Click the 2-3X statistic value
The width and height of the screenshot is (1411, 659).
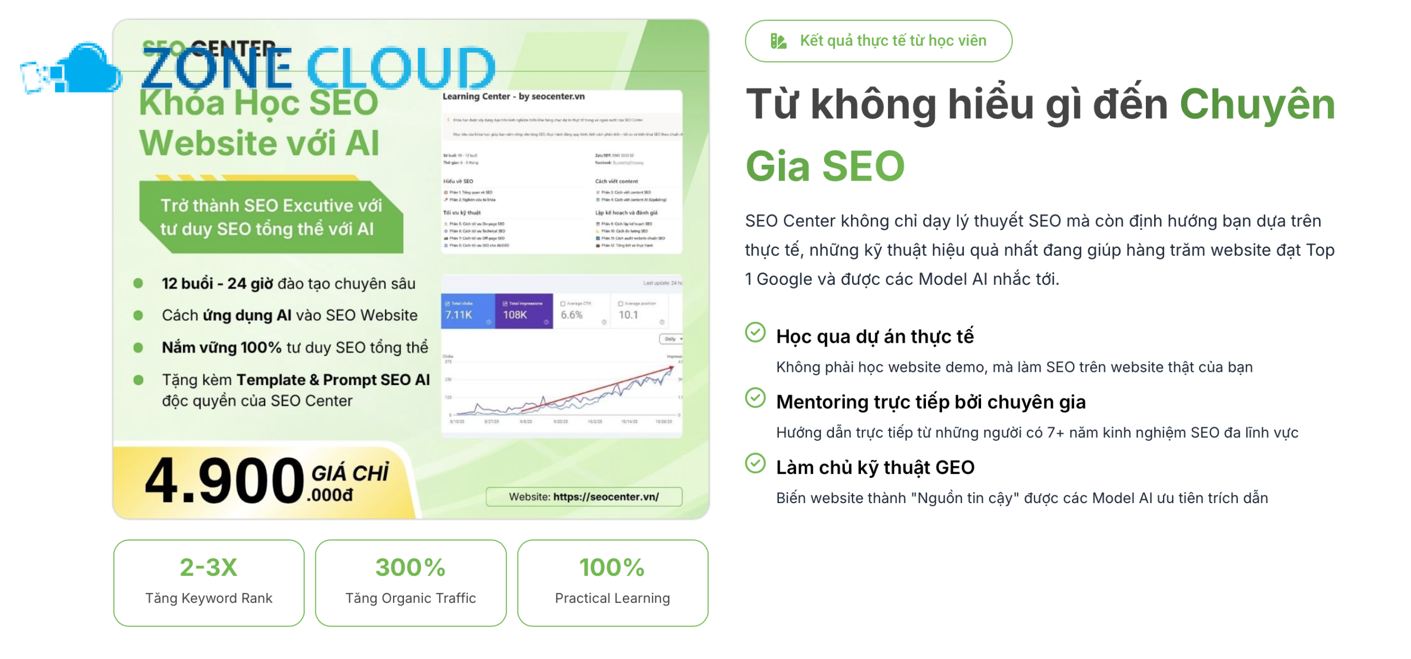[x=208, y=568]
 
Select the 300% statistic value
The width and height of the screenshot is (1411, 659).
[x=410, y=568]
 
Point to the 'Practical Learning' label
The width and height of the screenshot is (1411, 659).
[x=612, y=598]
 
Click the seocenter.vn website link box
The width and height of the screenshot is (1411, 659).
[x=583, y=496]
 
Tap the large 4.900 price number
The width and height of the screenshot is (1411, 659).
[x=224, y=480]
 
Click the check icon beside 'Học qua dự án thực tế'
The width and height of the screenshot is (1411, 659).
[x=755, y=332]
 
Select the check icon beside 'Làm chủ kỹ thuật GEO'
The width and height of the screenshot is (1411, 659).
[x=755, y=463]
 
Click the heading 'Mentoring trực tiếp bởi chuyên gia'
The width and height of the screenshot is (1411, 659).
[x=930, y=402]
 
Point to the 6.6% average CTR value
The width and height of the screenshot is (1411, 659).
[x=571, y=315]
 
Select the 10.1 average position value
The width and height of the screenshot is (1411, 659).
[x=628, y=315]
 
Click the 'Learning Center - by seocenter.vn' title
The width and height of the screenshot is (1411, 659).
[x=513, y=96]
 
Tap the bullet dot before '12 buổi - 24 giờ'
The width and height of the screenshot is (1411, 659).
[x=138, y=283]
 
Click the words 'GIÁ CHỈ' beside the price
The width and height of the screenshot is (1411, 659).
[x=349, y=473]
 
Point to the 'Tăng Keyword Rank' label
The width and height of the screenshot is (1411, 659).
[x=208, y=598]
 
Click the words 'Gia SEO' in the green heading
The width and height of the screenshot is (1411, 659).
[x=825, y=166]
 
